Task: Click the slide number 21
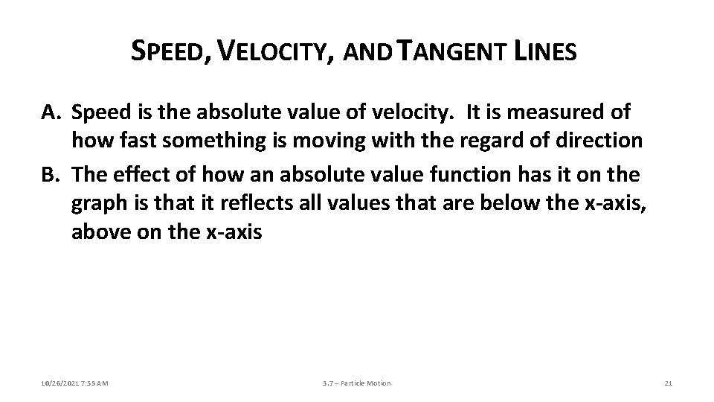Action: (x=667, y=383)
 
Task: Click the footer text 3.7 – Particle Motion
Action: (x=356, y=383)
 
